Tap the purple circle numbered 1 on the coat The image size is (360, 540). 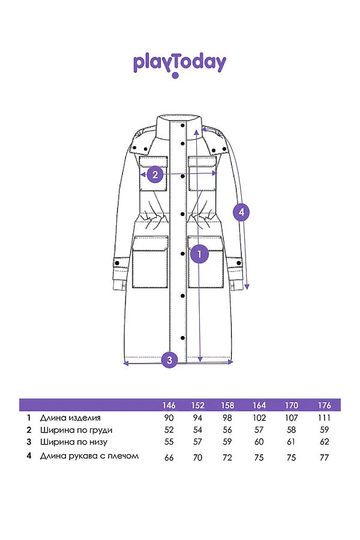[199, 254]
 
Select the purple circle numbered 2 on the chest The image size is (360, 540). [155, 175]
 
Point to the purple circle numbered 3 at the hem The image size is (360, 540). [170, 360]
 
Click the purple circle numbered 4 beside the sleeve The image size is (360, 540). [241, 212]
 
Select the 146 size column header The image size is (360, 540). [169, 405]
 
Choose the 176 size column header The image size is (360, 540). [324, 405]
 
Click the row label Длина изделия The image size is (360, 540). [70, 418]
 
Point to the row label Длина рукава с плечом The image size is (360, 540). [89, 455]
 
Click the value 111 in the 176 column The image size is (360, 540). [324, 418]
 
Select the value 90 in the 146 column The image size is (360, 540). [169, 418]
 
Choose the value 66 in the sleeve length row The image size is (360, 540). [169, 457]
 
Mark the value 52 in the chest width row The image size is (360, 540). [169, 430]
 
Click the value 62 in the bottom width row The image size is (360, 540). [324, 442]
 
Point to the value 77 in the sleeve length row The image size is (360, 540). [324, 457]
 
